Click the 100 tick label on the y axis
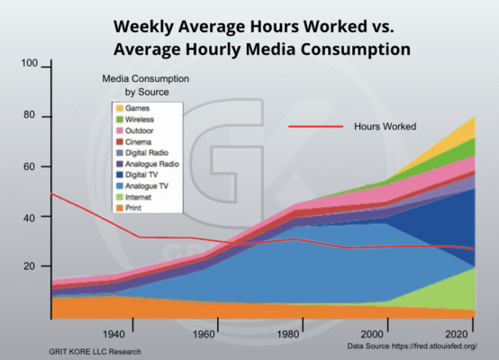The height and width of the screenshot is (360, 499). point(29,65)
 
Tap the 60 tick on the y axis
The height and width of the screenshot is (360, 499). point(32,166)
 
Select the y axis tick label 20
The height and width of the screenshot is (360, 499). point(32,266)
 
